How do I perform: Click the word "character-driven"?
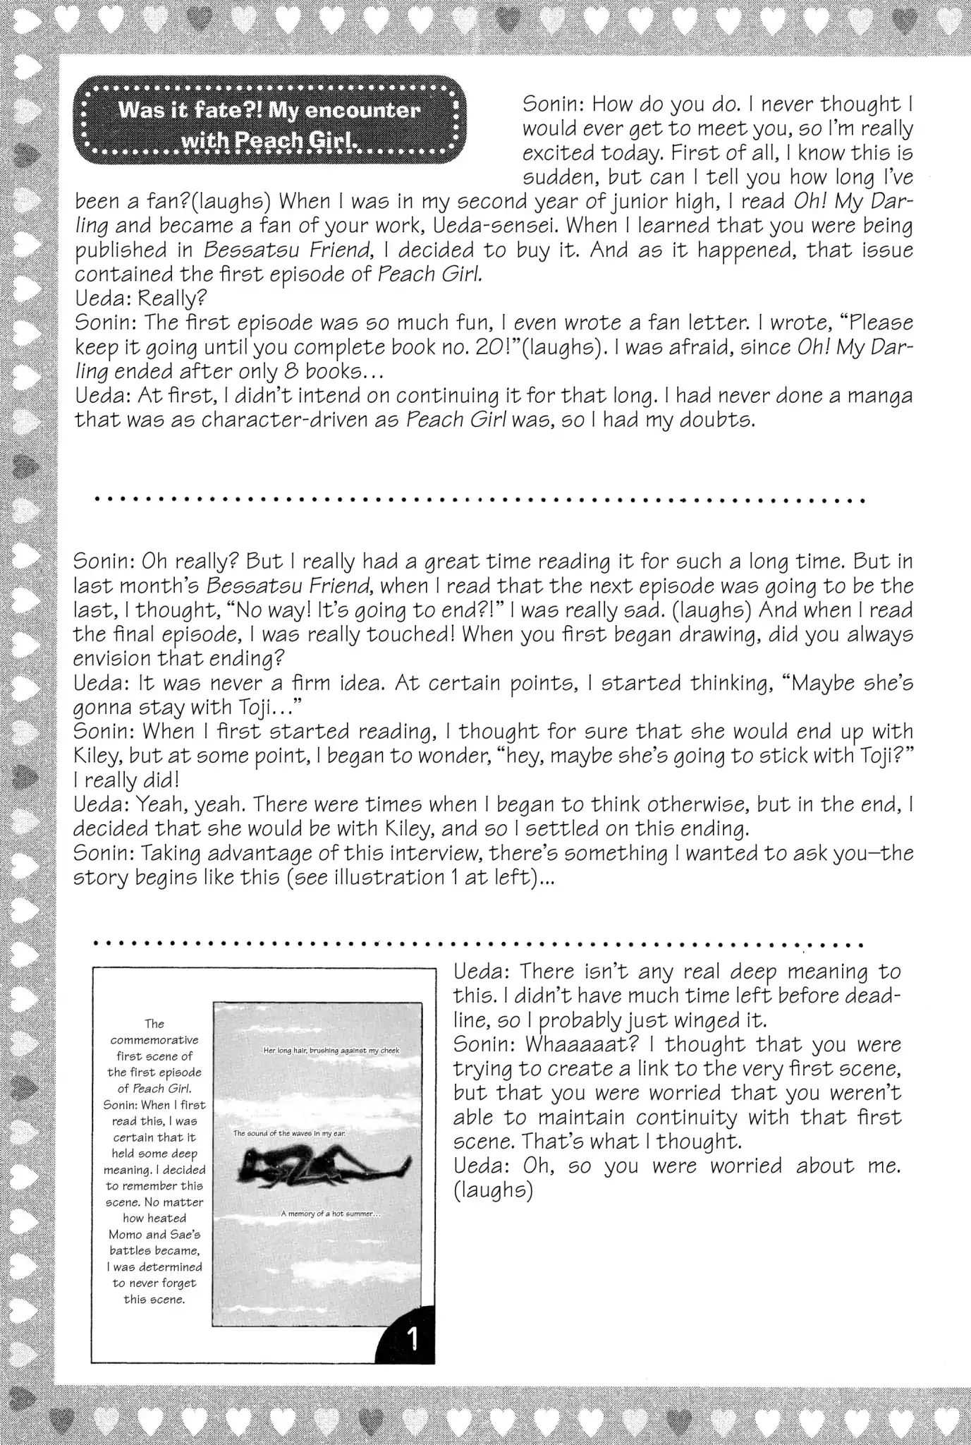(300, 420)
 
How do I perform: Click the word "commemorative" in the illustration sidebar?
(154, 1040)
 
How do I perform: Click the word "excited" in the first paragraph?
(558, 152)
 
